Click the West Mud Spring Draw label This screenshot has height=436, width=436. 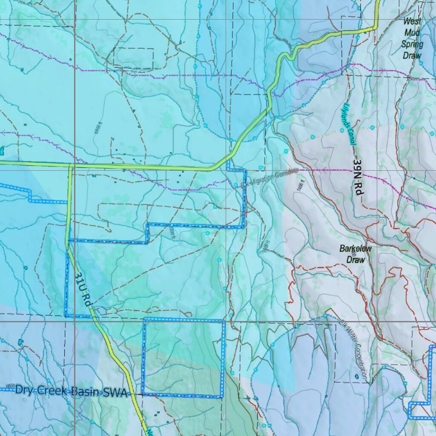[x=412, y=38]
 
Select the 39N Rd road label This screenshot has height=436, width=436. [x=358, y=178]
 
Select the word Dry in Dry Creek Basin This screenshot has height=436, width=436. [x=24, y=389]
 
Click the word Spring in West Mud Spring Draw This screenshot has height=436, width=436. [x=412, y=44]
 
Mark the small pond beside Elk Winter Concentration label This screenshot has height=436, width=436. [x=356, y=376]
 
